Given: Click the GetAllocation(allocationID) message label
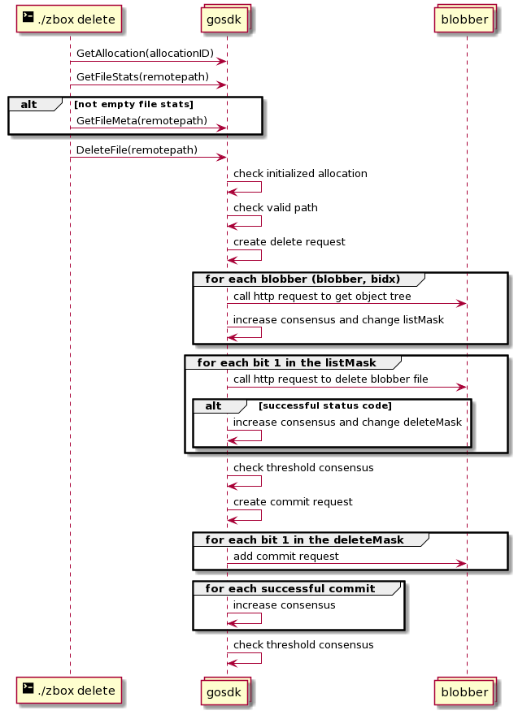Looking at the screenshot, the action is [x=145, y=54].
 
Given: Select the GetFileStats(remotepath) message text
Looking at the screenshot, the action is [x=142, y=77].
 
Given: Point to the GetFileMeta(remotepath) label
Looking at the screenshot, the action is [x=141, y=121].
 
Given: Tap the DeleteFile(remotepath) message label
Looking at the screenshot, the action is [x=137, y=150].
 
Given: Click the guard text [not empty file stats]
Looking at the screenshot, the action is [x=133, y=105].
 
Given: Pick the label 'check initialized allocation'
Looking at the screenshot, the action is [x=300, y=174].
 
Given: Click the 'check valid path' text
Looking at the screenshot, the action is [x=276, y=208].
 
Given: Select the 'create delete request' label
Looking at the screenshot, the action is [x=289, y=242].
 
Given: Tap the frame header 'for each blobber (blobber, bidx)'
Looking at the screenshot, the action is [x=303, y=279].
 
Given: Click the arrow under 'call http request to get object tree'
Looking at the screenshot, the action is [x=347, y=304].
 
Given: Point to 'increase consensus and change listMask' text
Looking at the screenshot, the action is [x=338, y=320].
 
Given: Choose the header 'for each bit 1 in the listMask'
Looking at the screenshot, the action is [x=286, y=363].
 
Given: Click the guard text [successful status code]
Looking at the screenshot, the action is [x=325, y=405].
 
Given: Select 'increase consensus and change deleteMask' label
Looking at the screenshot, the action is [x=347, y=422].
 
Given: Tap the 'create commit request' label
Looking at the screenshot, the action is [x=293, y=502].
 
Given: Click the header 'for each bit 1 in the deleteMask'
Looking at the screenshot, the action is [x=304, y=539].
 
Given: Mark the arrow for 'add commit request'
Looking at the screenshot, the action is [x=347, y=564].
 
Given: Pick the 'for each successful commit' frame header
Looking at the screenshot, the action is [x=290, y=589].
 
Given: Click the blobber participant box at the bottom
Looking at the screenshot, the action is [x=464, y=692].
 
